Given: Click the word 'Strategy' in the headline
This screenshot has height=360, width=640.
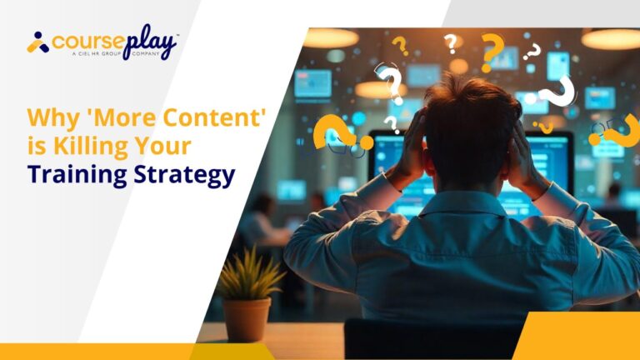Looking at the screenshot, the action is click(x=184, y=175).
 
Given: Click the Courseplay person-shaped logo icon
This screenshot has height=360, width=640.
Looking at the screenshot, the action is click(x=38, y=42).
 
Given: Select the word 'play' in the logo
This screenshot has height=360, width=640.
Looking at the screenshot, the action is click(x=150, y=42).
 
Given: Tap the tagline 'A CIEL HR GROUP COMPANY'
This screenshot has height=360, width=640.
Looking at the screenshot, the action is click(x=116, y=53).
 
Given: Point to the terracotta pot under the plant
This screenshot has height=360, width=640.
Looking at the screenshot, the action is click(x=247, y=319).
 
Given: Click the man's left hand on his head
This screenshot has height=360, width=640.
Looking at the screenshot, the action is click(x=409, y=146).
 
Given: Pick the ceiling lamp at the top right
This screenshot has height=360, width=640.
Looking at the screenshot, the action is click(x=611, y=39).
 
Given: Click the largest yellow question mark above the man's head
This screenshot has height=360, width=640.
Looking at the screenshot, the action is click(x=491, y=52).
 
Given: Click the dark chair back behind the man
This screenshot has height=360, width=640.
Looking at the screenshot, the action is click(x=432, y=339).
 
